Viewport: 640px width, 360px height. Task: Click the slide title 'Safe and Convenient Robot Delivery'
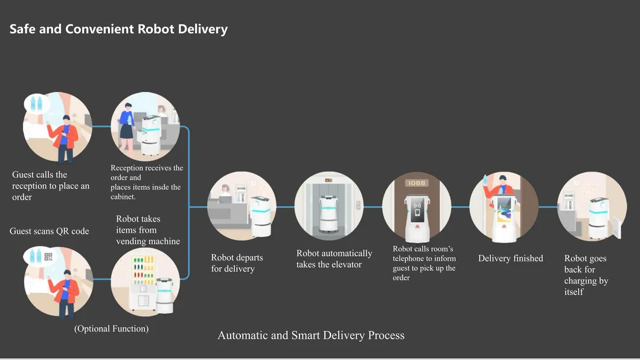[x=118, y=29]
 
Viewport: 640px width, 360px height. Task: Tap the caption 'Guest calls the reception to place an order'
[x=50, y=185]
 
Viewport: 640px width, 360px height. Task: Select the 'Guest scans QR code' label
[x=49, y=231]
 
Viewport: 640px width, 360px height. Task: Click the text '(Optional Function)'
[x=111, y=329]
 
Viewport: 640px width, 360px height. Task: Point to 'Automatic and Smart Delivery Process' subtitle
[x=311, y=335]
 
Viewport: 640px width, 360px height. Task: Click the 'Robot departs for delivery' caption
[x=237, y=263]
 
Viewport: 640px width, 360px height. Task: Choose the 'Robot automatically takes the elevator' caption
[x=334, y=259]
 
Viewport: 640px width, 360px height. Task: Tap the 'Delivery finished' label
[x=510, y=259]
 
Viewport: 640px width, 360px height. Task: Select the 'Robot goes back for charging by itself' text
[x=586, y=275]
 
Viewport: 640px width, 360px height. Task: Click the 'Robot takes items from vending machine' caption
[x=148, y=230]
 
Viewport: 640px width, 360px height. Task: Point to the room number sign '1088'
[x=416, y=183]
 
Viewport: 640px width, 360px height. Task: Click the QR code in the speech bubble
[x=48, y=257]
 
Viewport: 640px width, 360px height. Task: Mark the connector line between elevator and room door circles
[x=373, y=207]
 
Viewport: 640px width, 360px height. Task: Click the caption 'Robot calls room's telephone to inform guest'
[x=424, y=263]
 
